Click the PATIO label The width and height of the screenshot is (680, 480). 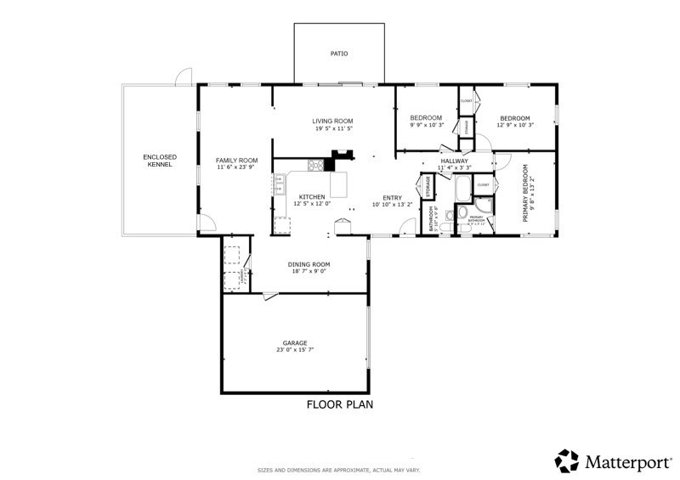coord(339,54)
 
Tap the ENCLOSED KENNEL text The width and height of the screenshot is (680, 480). coord(159,161)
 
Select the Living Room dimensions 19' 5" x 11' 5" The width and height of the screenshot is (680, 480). coord(333,129)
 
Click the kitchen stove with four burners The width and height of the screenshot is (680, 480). coord(315,166)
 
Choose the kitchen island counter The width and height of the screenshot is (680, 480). coord(338,184)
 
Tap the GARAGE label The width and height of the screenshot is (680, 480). coord(295,342)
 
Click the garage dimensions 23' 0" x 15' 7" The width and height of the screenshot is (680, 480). coord(295,350)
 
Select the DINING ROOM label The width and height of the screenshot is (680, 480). coord(309,264)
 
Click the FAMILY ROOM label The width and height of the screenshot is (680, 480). coord(236,160)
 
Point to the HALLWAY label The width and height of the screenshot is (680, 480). coord(455,161)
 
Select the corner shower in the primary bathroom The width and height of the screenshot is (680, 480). coord(484,206)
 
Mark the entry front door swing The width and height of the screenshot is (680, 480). coord(409,225)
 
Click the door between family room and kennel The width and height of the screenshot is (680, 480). coord(205,223)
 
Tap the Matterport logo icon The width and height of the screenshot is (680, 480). coord(567,460)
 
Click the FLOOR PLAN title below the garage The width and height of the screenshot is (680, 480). coord(339,405)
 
